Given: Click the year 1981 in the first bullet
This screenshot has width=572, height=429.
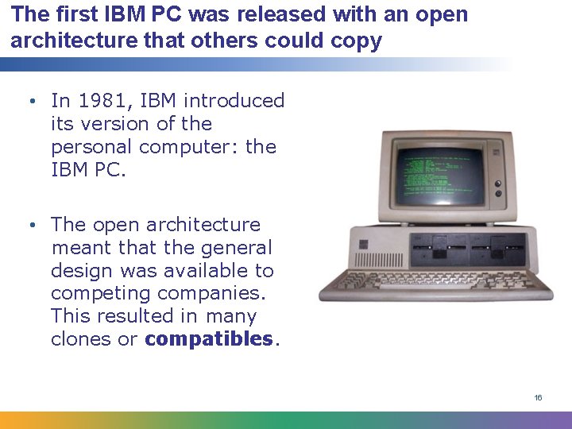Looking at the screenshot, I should [x=99, y=101].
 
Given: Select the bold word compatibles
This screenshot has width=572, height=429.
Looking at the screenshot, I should [x=209, y=339].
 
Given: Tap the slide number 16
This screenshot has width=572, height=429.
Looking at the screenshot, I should [x=538, y=397].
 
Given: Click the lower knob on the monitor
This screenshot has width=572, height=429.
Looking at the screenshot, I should [x=499, y=194].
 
